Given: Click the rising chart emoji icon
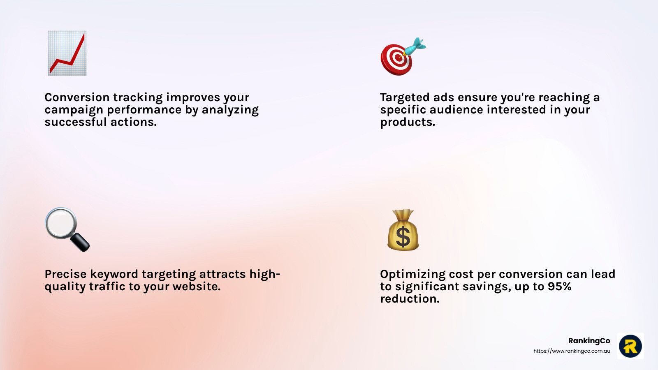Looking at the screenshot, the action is [67, 53].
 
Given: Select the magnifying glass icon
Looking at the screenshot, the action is [67, 229].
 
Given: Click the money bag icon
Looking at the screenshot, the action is [403, 230].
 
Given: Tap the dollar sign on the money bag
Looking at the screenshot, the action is [403, 237].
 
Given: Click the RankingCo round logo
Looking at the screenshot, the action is [630, 346].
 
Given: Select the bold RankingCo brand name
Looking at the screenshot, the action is [589, 341].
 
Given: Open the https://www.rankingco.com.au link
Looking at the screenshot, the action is [572, 351].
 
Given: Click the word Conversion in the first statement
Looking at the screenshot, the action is [77, 97].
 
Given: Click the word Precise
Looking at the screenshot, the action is [65, 274].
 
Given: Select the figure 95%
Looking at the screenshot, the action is [559, 286].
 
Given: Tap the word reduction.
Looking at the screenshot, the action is [410, 298].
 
